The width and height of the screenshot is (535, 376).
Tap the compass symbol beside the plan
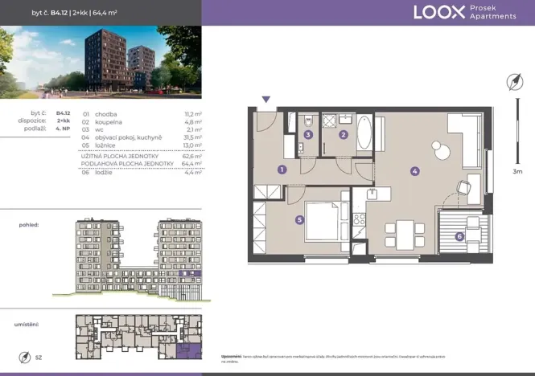coord(515,82)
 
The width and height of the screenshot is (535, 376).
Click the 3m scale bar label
coord(516,171)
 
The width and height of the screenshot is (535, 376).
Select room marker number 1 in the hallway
coord(282,170)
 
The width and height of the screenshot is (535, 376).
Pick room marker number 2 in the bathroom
coord(344,135)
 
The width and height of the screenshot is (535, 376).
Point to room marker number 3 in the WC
coord(309,135)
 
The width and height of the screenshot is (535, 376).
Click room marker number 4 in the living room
coord(414,170)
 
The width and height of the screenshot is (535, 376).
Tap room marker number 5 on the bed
coord(299,219)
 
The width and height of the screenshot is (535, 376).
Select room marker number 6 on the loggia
coord(459,236)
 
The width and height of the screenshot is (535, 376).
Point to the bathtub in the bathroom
coord(364,133)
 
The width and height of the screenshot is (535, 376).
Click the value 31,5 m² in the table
coord(191,137)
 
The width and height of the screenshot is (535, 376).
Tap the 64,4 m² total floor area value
coord(191,163)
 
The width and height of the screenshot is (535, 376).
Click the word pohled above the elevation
coord(30,227)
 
